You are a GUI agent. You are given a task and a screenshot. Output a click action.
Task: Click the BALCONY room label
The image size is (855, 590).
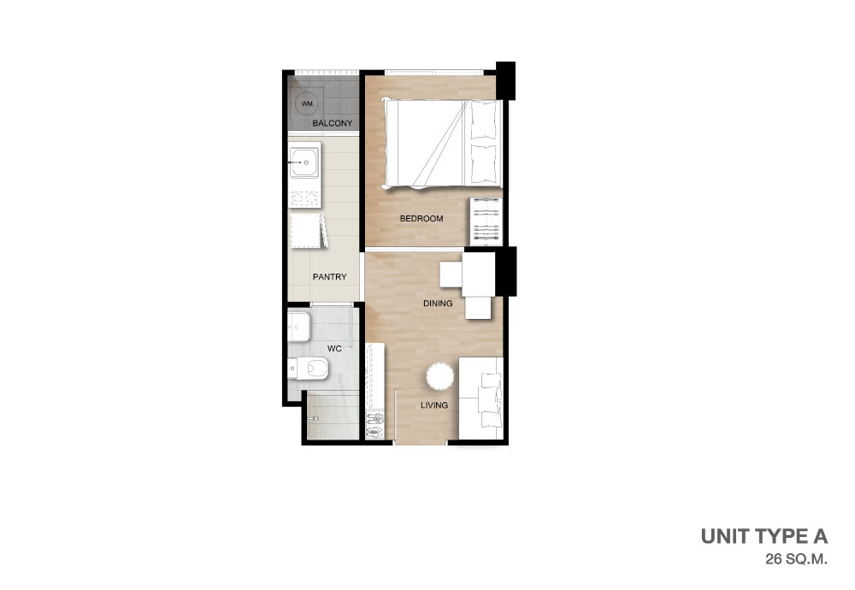tap(332, 123)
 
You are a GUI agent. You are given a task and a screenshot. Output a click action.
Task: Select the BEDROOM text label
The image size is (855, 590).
tap(422, 219)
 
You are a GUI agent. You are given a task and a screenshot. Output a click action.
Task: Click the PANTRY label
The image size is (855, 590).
tap(329, 277)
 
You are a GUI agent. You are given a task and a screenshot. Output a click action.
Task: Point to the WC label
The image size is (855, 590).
tap(334, 348)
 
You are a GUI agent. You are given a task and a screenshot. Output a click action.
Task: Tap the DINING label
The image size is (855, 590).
tap(438, 304)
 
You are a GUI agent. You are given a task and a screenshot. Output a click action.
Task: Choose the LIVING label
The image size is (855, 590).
tap(434, 405)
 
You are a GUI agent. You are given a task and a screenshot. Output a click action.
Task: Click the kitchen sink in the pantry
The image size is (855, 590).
tap(304, 162)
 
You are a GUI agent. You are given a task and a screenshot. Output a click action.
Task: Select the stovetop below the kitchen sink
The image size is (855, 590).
tap(304, 199)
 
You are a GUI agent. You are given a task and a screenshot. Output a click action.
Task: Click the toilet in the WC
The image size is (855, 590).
tap(308, 369)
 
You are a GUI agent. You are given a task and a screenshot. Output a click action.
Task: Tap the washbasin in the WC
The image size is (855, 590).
tap(298, 327)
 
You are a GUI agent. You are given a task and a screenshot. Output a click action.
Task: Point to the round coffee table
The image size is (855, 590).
tap(440, 377)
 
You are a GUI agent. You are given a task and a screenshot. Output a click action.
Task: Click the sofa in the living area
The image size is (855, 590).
tap(481, 398)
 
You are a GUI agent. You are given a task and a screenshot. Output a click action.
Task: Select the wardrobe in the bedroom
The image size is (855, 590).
tap(486, 221)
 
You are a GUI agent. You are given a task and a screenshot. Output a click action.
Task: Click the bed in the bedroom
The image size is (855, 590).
tap(443, 144)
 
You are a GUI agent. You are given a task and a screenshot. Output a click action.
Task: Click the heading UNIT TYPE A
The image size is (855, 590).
tap(764, 537)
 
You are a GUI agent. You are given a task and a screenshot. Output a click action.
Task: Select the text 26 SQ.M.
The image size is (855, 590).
tap(797, 559)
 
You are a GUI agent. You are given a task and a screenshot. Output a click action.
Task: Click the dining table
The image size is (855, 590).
tap(478, 274)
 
